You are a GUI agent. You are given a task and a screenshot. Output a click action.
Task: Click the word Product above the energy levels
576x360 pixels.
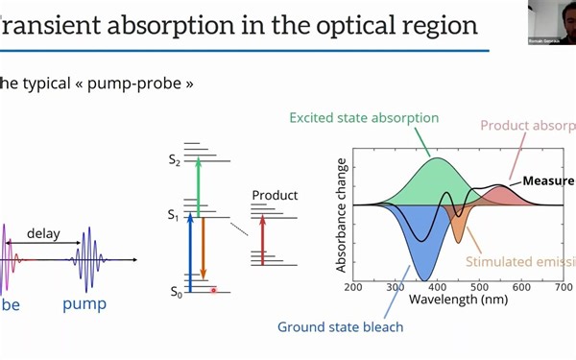(275, 195)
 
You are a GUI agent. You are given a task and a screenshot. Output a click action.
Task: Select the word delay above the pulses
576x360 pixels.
(43, 232)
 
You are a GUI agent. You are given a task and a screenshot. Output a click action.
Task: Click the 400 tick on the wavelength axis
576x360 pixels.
(437, 286)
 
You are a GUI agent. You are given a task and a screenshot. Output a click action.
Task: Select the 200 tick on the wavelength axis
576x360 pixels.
(353, 286)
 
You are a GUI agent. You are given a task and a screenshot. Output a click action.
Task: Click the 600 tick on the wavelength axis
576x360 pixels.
(521, 286)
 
